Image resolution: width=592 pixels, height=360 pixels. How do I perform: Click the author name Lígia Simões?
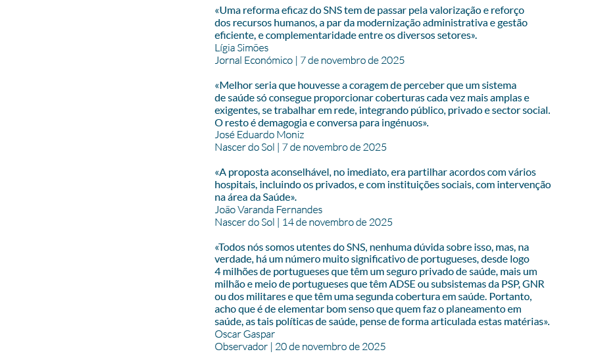241,48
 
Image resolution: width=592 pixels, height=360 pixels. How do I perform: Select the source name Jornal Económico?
253,61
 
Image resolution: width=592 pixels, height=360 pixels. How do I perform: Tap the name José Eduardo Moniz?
259,135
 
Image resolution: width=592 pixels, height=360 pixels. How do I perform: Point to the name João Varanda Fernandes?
268,210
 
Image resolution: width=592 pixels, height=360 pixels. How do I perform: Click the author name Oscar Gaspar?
245,334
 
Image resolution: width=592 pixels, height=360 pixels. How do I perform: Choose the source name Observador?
241,346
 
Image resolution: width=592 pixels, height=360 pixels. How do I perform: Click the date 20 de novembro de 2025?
330,346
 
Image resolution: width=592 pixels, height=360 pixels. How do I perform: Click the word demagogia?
279,123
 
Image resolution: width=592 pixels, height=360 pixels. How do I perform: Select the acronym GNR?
533,284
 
